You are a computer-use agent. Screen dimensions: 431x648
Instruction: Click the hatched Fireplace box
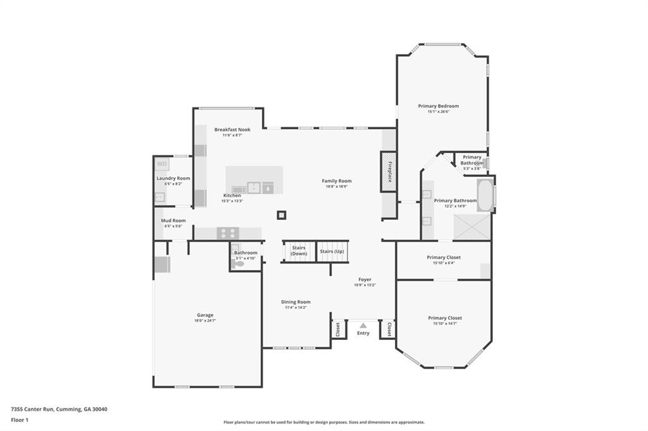pos(389,172)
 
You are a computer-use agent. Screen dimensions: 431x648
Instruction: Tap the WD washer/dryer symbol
pos(162,164)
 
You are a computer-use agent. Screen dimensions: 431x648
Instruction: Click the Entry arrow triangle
pos(363,325)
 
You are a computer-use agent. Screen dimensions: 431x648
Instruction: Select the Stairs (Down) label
pos(299,250)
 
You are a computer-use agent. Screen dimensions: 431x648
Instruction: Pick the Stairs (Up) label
pos(333,251)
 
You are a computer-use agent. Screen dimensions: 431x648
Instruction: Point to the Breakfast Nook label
pos(232,130)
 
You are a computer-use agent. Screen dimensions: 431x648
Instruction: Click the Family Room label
pos(337,181)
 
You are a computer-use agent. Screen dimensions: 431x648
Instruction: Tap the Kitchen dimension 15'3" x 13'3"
pos(232,201)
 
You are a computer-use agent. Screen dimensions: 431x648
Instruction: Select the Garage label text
pos(204,315)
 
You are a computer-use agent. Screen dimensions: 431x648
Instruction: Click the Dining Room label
pos(296,302)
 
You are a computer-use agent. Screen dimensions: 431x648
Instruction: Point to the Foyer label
pos(365,279)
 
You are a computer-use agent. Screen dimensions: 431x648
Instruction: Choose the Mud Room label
pos(173,221)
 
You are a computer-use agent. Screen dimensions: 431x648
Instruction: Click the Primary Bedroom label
pos(439,106)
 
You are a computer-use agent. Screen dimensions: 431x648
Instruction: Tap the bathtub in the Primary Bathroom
pos(485,196)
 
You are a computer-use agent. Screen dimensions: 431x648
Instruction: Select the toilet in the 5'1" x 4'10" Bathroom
pos(238,264)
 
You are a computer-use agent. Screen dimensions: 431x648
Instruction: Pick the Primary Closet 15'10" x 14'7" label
pos(445,318)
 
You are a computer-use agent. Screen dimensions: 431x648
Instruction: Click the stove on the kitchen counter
pos(227,233)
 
